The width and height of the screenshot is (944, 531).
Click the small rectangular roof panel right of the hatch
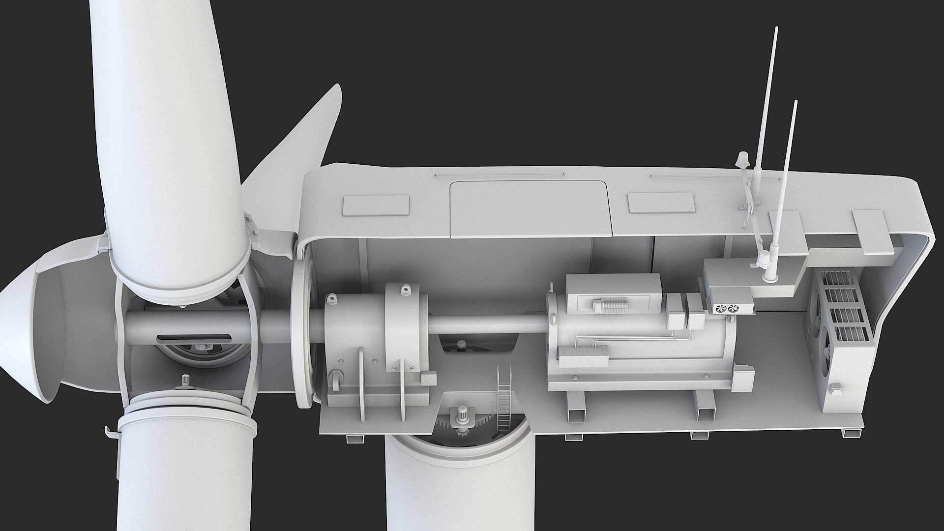tap(662, 203)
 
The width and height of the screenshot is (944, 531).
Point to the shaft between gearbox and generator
tap(487, 324)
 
